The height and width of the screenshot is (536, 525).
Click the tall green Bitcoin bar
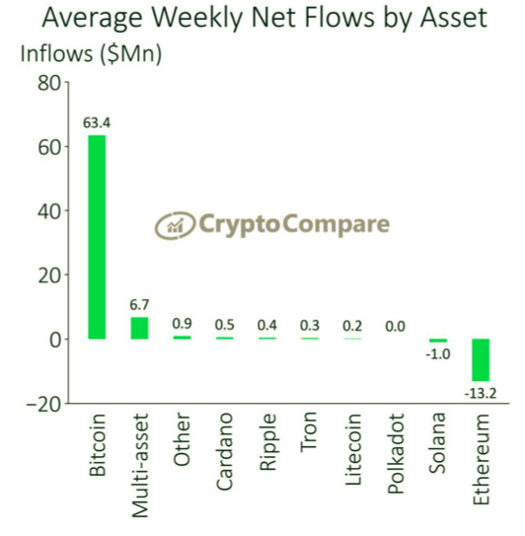(97, 237)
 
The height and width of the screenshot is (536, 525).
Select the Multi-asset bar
(139, 328)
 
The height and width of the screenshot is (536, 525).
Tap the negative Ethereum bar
(479, 360)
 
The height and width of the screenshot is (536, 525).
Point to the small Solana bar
(436, 341)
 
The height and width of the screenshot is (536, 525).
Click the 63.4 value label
(97, 123)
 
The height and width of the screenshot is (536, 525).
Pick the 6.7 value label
(139, 306)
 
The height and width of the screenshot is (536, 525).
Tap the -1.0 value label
(436, 355)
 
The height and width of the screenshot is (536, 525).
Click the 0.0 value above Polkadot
(395, 326)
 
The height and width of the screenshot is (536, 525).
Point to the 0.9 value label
(182, 324)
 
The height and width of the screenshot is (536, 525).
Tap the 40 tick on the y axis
(48, 211)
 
